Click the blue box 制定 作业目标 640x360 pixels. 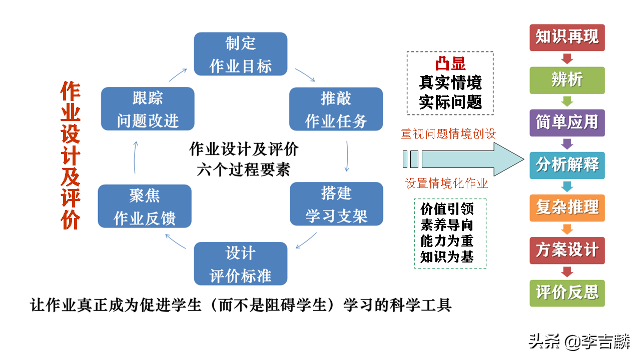click(x=240, y=54)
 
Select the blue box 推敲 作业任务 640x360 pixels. click(x=336, y=109)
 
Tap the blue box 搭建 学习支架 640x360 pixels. click(x=336, y=204)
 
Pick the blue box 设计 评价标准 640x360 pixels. click(x=240, y=263)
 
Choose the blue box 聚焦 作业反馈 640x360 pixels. click(x=145, y=206)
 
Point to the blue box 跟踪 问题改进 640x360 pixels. click(x=148, y=109)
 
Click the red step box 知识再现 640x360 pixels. click(x=567, y=37)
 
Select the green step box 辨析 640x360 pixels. click(x=567, y=80)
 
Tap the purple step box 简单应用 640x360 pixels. click(x=567, y=122)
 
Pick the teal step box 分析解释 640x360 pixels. click(x=567, y=165)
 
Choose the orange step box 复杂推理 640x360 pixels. click(x=567, y=207)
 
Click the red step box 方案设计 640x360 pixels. click(x=567, y=250)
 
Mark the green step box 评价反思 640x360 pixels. click(x=567, y=292)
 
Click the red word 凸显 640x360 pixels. click(x=450, y=64)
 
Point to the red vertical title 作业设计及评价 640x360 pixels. click(x=71, y=156)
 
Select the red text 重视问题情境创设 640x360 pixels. click(x=448, y=134)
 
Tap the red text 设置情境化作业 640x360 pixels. click(x=446, y=183)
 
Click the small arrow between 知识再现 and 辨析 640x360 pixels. click(x=567, y=59)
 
